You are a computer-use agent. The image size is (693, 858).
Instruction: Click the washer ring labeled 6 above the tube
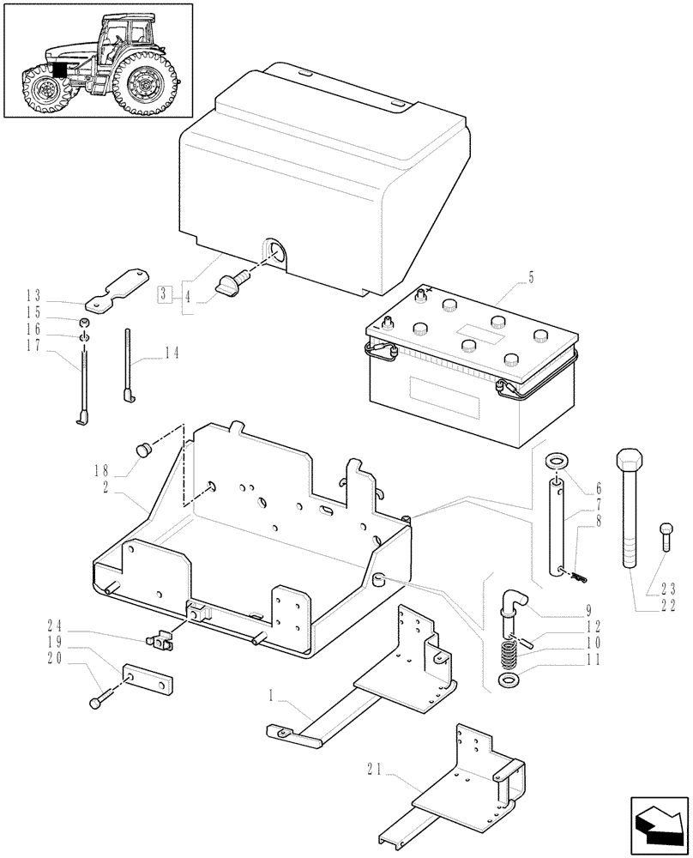coord(556,459)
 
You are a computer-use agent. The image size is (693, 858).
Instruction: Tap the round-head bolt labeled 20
coord(95,702)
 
